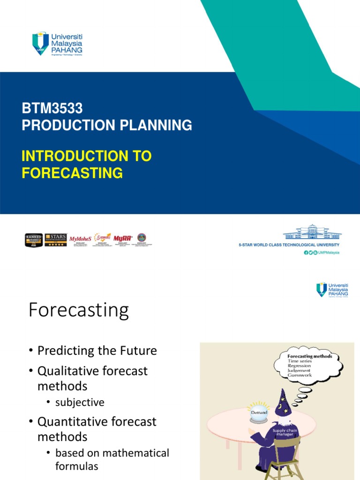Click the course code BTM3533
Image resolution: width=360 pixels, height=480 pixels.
(x=52, y=108)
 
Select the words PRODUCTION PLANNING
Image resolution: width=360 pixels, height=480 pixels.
(x=107, y=125)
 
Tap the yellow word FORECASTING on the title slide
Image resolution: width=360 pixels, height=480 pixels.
(x=72, y=173)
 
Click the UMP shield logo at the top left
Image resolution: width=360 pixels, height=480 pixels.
(x=40, y=43)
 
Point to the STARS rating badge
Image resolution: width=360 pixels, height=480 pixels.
(x=55, y=240)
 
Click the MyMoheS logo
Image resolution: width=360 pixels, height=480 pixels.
(x=80, y=239)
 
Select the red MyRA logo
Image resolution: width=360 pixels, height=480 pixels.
(x=123, y=238)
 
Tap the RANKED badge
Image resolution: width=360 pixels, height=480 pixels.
(x=34, y=240)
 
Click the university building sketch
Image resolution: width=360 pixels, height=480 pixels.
(x=312, y=232)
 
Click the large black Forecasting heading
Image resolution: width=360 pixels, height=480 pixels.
(x=78, y=310)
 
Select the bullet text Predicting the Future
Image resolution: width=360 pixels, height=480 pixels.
(x=97, y=351)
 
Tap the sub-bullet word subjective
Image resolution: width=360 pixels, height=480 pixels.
(x=80, y=402)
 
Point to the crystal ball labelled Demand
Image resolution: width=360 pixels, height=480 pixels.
(x=258, y=412)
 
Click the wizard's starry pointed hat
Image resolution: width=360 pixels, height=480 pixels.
(x=283, y=403)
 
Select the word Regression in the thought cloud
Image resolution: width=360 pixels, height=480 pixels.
(x=299, y=366)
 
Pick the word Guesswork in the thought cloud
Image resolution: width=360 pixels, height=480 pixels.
(x=300, y=375)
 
